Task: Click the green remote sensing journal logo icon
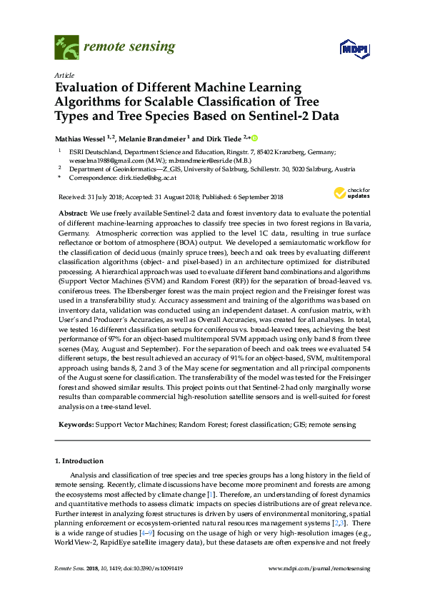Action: pyautogui.click(x=66, y=48)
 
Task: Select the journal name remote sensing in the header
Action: pyautogui.click(x=129, y=47)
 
